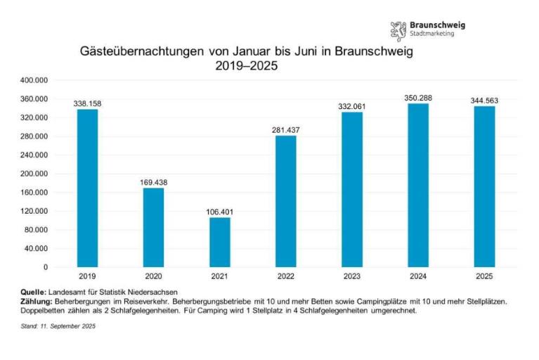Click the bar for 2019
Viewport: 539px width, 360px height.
[x=87, y=188]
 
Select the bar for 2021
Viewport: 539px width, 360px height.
[x=219, y=242]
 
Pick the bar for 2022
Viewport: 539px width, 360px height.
[x=285, y=201]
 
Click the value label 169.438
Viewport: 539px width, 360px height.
[x=153, y=182]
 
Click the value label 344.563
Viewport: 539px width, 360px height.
[x=484, y=101]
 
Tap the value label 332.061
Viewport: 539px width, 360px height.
[x=351, y=106]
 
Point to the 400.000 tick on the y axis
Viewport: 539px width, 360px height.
[x=34, y=81]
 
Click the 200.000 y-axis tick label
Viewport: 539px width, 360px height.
[x=34, y=174]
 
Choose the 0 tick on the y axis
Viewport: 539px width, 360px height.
[x=46, y=267]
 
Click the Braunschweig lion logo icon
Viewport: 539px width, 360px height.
[x=398, y=30]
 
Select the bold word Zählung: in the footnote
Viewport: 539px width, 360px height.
[x=37, y=300]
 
